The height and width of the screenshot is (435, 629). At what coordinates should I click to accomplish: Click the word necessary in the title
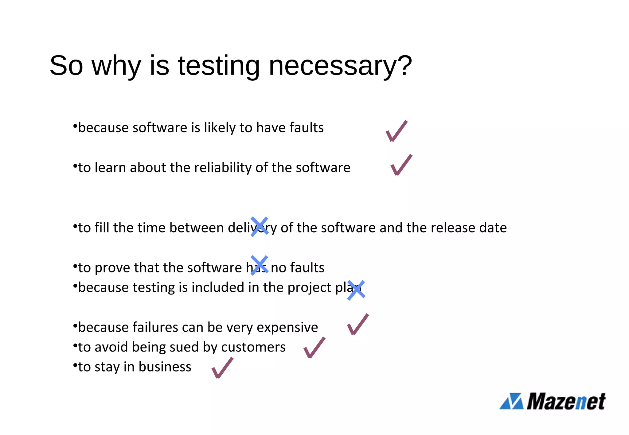point(330,66)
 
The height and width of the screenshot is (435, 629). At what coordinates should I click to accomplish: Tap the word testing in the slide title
point(219,66)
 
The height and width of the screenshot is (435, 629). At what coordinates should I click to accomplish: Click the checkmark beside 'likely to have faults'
point(397,131)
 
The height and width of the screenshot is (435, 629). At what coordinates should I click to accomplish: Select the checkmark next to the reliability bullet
point(401,165)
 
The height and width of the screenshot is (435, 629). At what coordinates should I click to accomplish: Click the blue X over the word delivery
point(259,227)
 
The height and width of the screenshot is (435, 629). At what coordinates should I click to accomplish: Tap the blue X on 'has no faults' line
point(259,265)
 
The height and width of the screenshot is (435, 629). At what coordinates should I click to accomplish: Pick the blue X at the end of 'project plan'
point(356,290)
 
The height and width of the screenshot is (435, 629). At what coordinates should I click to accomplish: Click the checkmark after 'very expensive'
point(358,325)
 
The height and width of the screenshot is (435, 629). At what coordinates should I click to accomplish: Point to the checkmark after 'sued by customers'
point(314,348)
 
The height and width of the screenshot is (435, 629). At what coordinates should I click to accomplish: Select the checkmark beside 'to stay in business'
point(222,368)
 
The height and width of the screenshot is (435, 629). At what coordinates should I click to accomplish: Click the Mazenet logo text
point(566,401)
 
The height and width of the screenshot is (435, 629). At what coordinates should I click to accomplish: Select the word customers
point(253,347)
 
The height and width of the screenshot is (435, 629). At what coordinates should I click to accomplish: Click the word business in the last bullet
point(165,367)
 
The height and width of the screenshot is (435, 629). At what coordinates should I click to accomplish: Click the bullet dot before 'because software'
point(75,126)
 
